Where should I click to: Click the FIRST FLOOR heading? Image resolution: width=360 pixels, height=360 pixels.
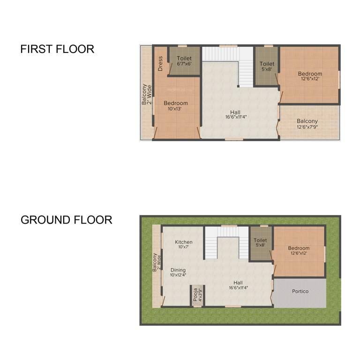(x=57, y=49)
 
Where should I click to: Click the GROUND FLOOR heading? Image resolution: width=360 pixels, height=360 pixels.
(x=66, y=219)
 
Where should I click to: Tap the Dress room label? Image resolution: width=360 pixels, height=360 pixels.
(x=160, y=63)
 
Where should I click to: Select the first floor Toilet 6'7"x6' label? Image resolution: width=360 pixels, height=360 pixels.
(x=184, y=61)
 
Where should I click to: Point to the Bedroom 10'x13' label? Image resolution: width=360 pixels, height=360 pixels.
(x=175, y=105)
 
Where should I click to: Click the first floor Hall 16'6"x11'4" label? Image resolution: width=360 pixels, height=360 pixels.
(x=235, y=114)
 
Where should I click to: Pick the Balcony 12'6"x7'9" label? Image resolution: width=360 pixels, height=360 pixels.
(x=307, y=124)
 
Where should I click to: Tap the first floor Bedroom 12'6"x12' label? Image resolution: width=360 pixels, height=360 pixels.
(x=310, y=76)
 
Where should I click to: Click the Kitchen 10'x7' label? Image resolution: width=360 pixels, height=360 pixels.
(x=184, y=244)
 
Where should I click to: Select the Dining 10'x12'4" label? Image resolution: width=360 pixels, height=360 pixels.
(x=178, y=272)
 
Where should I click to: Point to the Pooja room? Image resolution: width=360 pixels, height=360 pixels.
(x=197, y=296)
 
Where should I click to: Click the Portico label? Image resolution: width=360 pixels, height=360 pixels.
(x=300, y=291)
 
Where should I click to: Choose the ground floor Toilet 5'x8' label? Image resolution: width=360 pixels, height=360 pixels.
(x=260, y=242)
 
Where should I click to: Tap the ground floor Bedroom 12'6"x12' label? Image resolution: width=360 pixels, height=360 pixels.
(x=299, y=250)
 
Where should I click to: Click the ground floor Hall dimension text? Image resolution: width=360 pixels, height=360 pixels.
(x=238, y=288)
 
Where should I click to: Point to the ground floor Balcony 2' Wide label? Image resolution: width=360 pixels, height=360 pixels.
(x=156, y=263)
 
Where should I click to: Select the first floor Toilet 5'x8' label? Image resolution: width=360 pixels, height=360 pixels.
(x=267, y=66)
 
